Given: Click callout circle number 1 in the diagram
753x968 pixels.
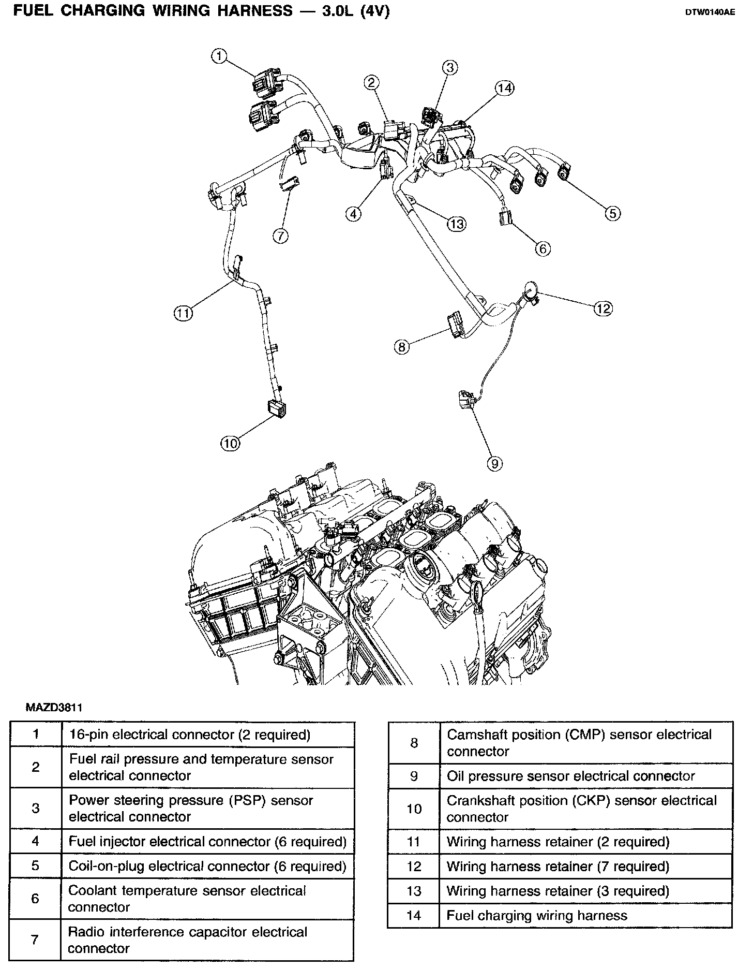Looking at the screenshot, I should (219, 56).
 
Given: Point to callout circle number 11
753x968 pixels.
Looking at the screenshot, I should (183, 313).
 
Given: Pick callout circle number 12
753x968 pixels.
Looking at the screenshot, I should (603, 309).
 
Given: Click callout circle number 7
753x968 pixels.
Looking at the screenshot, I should (280, 236).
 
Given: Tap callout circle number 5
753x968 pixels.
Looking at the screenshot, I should (612, 213).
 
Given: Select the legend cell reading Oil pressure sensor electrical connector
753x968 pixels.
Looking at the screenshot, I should (570, 776).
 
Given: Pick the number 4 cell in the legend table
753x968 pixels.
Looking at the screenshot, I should (35, 841).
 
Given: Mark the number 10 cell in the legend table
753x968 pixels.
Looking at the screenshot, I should (414, 809).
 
